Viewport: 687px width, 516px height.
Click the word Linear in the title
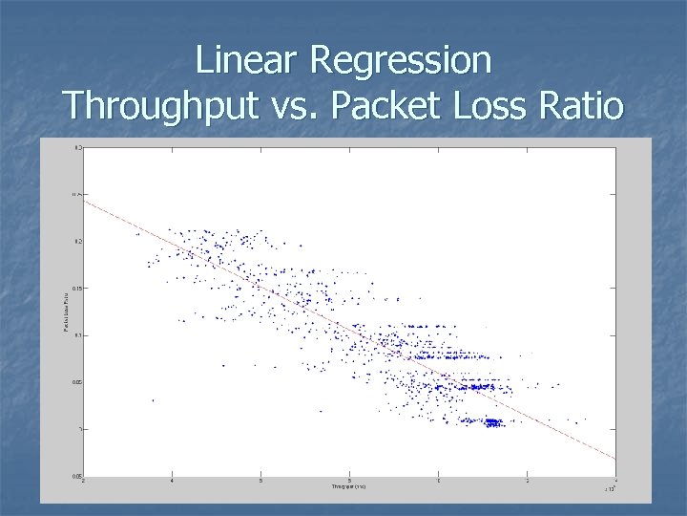[248, 61]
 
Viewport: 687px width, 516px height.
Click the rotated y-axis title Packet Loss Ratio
[65, 312]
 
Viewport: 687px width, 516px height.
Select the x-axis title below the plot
[349, 487]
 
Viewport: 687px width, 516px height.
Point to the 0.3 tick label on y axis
[78, 147]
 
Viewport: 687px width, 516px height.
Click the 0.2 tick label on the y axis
[78, 241]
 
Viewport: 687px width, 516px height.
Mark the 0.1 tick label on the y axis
[78, 335]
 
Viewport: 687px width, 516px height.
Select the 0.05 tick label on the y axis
[77, 382]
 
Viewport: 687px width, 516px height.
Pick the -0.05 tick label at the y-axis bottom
[77, 476]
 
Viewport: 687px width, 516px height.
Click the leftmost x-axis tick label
[84, 482]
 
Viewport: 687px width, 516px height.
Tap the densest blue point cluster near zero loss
[492, 421]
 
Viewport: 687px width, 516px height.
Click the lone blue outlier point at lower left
[153, 400]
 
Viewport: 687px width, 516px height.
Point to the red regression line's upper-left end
[85, 200]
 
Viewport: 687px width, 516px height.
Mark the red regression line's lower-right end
[614, 458]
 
